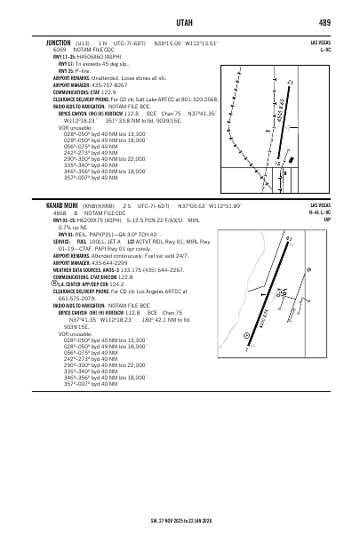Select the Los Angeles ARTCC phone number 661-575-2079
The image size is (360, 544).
pyautogui.click(x=72, y=299)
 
